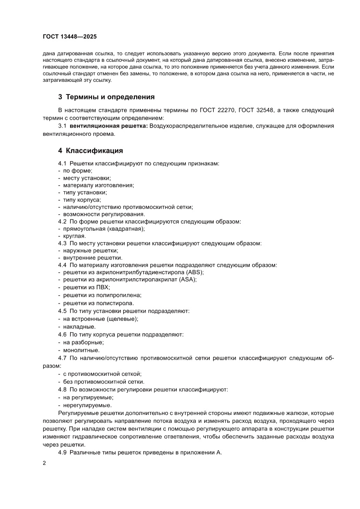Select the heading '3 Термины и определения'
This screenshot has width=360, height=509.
[x=106, y=97]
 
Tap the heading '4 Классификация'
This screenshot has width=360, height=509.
[x=91, y=151]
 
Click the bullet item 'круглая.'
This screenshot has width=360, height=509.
[x=74, y=236]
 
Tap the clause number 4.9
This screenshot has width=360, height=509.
[x=63, y=453]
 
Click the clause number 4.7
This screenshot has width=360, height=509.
[x=63, y=358]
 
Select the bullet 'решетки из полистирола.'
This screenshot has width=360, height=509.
[x=99, y=303]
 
